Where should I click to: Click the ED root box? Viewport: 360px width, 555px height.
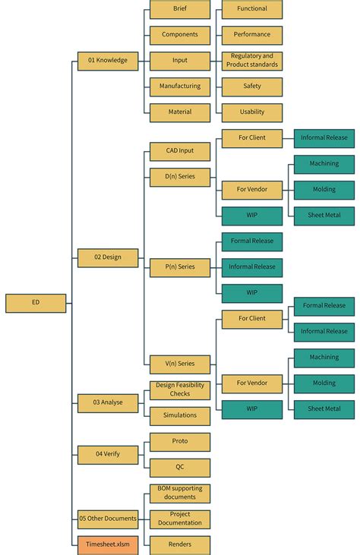click(x=36, y=303)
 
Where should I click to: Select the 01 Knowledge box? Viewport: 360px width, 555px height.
click(x=108, y=61)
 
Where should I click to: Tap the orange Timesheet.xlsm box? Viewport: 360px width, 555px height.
click(x=108, y=545)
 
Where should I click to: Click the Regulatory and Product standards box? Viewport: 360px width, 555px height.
click(x=252, y=61)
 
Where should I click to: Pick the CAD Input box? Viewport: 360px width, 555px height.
click(x=180, y=152)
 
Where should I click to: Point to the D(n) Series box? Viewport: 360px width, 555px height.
click(x=180, y=178)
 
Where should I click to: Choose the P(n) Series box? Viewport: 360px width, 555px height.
click(x=180, y=267)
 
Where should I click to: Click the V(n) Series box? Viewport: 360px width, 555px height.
click(x=180, y=364)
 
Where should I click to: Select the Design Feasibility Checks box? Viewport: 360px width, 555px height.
click(x=180, y=390)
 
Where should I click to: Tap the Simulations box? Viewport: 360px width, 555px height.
click(x=180, y=416)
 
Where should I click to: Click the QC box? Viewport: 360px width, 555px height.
click(x=180, y=468)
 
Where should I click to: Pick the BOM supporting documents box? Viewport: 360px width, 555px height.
click(x=180, y=494)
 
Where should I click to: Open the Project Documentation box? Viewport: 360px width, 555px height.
click(x=180, y=519)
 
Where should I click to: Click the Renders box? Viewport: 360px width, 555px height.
click(x=180, y=545)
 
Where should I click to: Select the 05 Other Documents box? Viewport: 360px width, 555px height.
click(x=108, y=519)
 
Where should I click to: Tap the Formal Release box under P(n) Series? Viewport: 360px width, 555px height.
click(x=252, y=241)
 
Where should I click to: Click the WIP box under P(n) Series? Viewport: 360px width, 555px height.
click(x=252, y=293)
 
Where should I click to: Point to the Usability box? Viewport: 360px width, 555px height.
click(x=252, y=112)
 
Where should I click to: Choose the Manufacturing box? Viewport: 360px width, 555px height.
click(x=180, y=87)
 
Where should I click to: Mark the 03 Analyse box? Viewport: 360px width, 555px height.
click(x=108, y=403)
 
